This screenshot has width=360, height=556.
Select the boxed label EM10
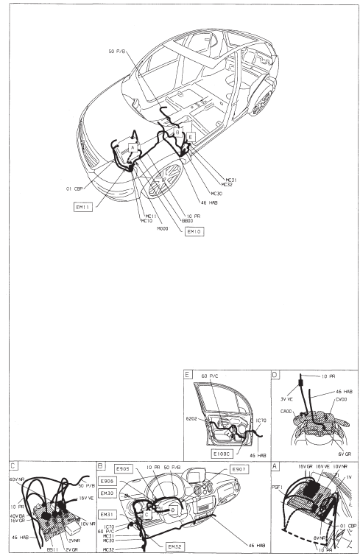(194, 231)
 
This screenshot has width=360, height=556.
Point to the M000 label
(163, 228)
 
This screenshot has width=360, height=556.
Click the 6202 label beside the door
(191, 418)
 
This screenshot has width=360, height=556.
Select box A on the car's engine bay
(132, 148)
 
